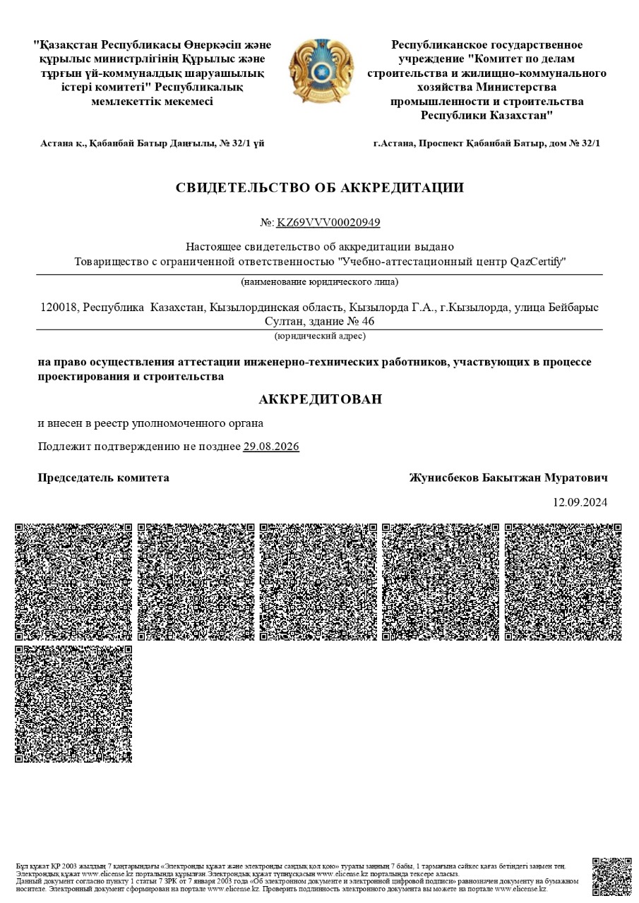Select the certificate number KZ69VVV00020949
pos(328,223)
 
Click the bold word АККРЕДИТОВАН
pos(320,399)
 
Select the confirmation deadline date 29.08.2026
pos(271,447)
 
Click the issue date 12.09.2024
pos(580,503)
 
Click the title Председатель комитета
pos(103,478)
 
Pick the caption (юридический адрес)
pos(320,337)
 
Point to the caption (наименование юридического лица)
pos(320,282)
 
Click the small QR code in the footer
pos(611,876)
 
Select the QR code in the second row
pos(73,703)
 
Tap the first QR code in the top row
pos(73,582)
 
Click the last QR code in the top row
pos(563,582)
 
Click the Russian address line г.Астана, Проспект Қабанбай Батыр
pos(486,143)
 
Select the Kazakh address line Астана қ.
pos(153,143)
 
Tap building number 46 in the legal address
pos(367,322)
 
